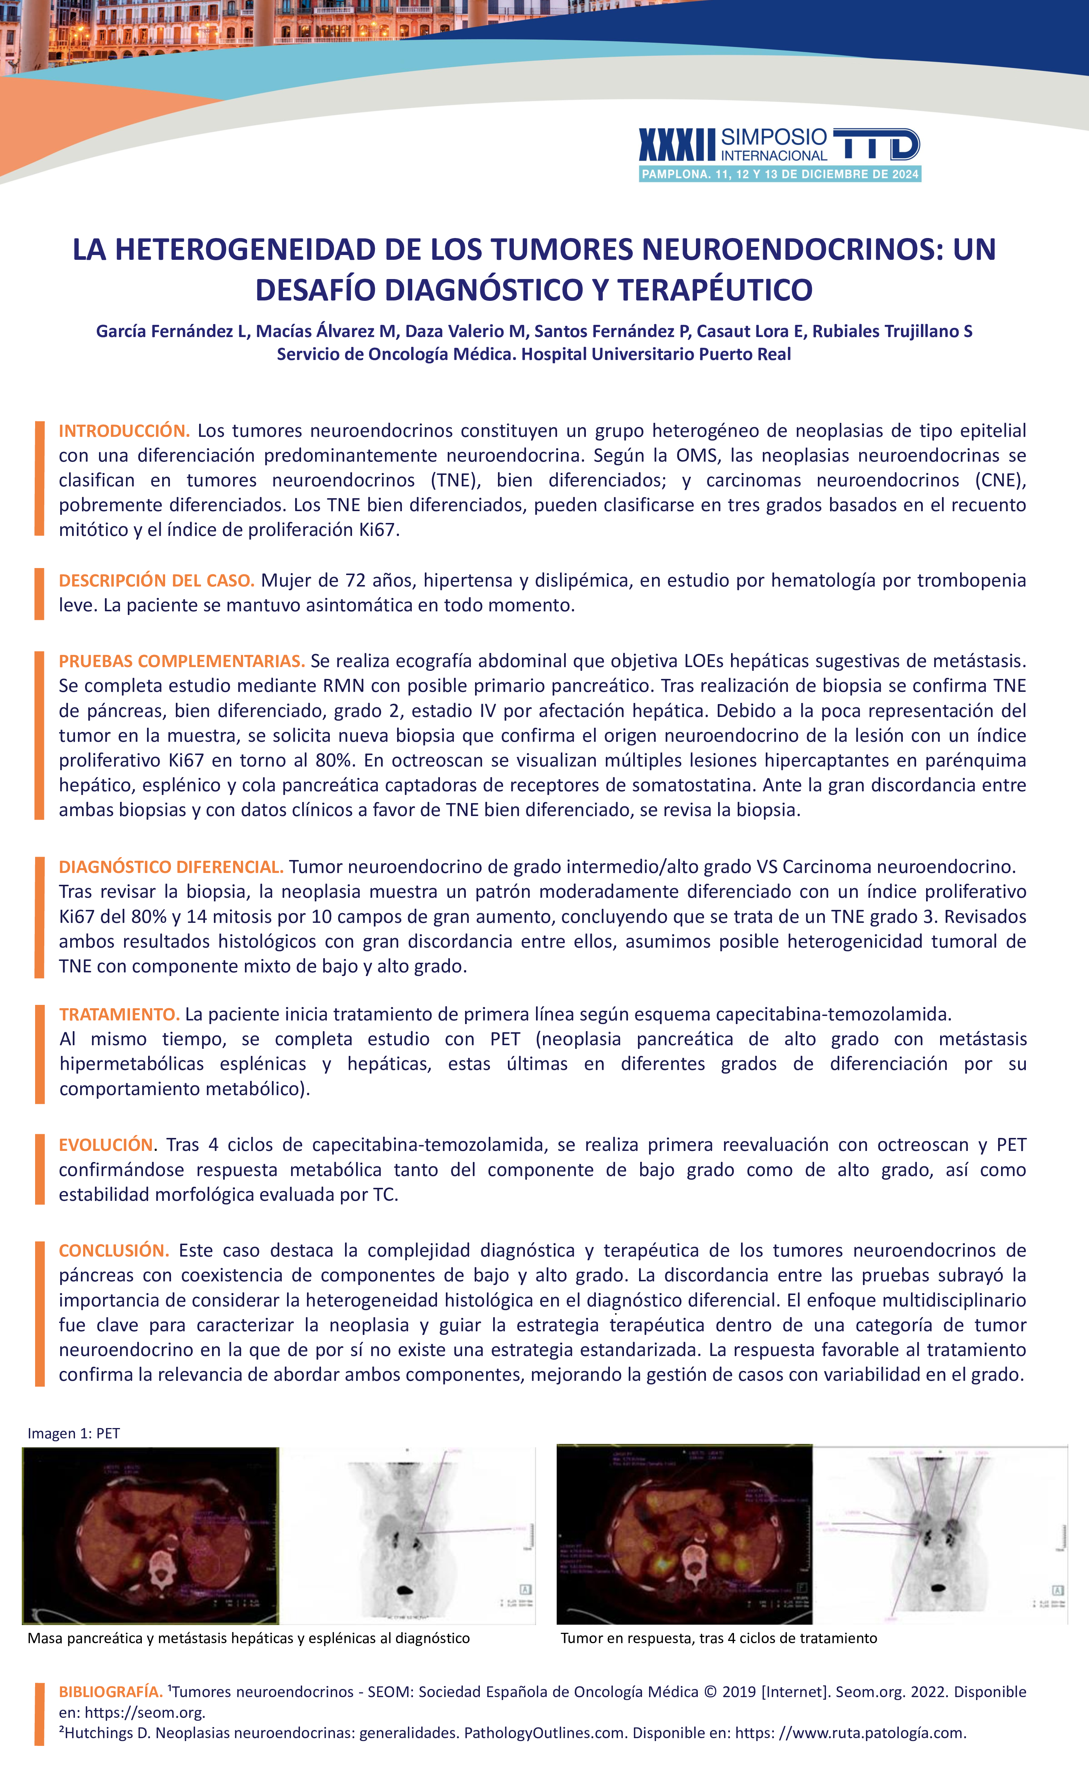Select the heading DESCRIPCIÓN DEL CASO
pos(156,580)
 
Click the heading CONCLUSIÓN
pos(113,1250)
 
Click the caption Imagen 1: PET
pos(74,1433)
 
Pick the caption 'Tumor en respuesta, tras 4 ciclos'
pos(718,1638)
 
